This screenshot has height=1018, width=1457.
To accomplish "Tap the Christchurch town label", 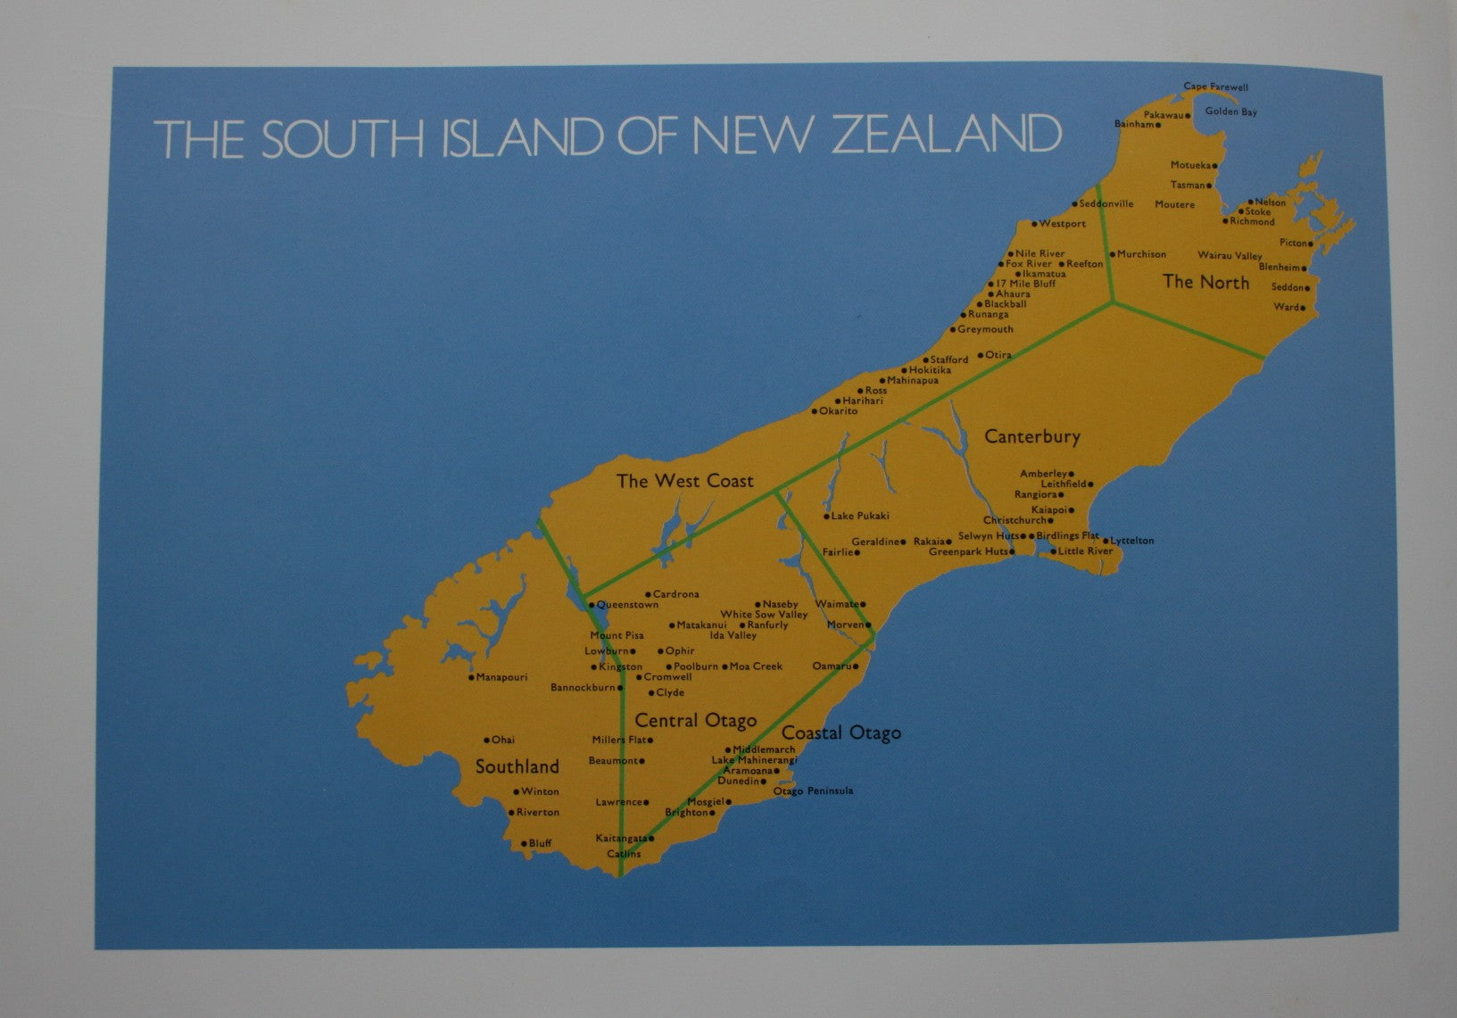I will tap(1014, 520).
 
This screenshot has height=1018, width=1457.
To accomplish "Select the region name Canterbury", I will tap(1031, 436).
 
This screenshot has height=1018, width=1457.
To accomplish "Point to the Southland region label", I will tap(517, 766).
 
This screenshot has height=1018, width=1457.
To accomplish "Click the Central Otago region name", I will tap(695, 720).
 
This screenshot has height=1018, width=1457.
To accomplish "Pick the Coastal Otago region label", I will tap(841, 732).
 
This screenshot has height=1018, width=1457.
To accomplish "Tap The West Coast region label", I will tap(684, 481).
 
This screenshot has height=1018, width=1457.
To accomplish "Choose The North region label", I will tap(1205, 282).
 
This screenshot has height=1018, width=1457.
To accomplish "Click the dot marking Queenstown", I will tap(592, 605).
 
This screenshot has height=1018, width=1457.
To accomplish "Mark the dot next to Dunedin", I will tap(764, 782).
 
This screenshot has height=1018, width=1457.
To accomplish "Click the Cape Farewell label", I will tap(1215, 87).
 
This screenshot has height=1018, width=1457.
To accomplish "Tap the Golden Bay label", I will tap(1230, 112).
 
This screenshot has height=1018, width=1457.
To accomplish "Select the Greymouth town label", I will tap(985, 329).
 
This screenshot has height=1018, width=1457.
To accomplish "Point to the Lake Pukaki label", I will tap(860, 516).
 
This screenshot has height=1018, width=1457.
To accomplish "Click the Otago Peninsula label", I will tap(813, 790).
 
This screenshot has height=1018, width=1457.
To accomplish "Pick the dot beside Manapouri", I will tap(471, 677).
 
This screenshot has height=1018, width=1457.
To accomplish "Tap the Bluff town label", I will tap(540, 843).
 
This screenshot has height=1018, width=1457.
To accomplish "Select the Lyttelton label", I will tap(1131, 541).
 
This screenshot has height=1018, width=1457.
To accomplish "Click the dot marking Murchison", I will tap(1112, 254).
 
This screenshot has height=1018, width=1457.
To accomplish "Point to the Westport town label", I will tap(1062, 224).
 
